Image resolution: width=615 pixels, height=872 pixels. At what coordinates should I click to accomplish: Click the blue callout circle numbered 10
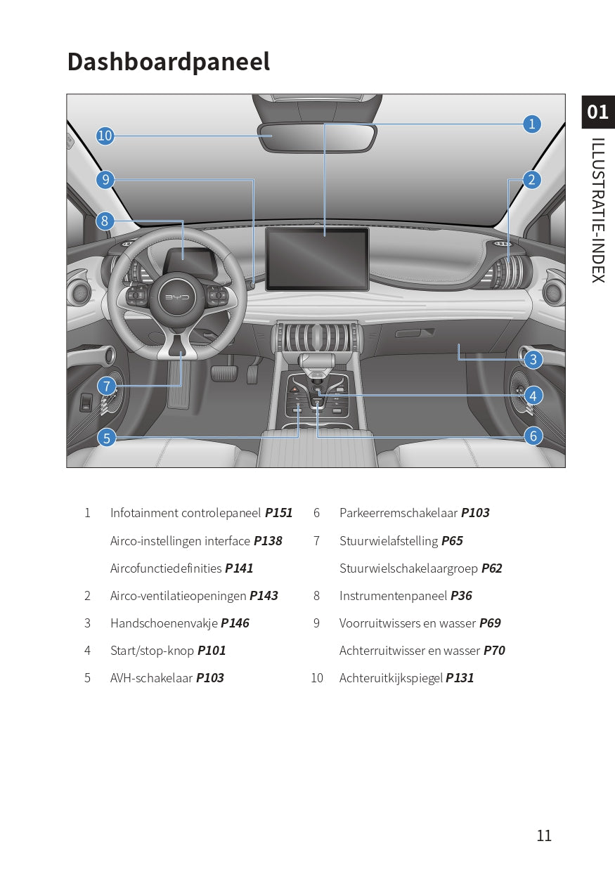pos(105,136)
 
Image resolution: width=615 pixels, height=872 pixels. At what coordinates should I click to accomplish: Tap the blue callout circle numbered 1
pos(531,124)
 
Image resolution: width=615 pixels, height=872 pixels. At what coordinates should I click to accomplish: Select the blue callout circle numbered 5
pos(106,438)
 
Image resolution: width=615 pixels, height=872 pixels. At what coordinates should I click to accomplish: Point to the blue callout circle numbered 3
pos(533,359)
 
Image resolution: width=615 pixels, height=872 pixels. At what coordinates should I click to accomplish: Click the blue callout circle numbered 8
pos(105,221)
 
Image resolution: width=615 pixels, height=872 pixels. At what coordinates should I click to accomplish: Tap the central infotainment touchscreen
pos(317,259)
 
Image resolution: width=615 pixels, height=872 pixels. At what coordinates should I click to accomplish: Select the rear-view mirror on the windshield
pos(317,137)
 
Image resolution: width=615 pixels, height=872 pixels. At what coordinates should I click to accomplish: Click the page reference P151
pos(278,513)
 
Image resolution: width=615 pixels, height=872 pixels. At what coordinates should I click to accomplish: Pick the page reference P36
pos(461,596)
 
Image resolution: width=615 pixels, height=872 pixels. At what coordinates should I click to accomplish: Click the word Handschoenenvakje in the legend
pos(164,623)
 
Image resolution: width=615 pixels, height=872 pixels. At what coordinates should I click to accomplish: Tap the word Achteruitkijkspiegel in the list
pos(391,678)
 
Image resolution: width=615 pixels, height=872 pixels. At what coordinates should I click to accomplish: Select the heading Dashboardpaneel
pos(169,62)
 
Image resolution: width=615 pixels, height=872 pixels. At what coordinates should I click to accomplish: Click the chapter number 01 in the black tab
pos(598,112)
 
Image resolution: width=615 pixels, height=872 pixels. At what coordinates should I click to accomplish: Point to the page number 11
pos(544,835)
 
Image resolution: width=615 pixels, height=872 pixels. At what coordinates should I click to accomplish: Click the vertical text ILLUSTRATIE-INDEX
pos(598,210)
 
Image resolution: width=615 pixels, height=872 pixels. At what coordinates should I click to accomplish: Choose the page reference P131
pos(460,678)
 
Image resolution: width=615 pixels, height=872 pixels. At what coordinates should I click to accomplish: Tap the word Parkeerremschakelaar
pos(398,513)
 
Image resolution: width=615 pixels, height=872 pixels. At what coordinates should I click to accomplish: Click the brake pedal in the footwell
pos(224,373)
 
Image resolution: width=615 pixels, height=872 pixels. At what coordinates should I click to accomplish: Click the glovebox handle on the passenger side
pos(415,333)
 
